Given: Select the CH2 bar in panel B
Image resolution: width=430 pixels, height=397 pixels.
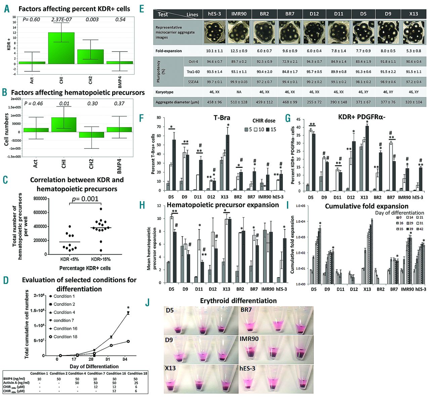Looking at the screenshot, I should coord(91,134).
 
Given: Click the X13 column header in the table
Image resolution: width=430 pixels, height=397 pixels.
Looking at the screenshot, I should coord(414,14).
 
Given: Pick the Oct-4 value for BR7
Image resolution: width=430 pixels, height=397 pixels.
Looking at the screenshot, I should coord(290,62).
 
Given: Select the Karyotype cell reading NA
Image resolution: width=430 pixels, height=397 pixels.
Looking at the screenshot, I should coord(239,92).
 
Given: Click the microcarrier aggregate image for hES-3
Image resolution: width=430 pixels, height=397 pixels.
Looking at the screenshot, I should coord(215,32).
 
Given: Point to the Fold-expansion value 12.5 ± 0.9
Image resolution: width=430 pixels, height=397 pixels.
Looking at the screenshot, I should coord(239,51).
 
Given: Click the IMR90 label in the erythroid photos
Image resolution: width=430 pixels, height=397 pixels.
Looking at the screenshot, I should coord(249,339).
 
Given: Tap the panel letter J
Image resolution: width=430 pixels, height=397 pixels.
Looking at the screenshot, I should coord(147,302).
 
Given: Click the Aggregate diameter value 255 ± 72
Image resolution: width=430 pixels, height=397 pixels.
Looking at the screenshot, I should coord(314,102).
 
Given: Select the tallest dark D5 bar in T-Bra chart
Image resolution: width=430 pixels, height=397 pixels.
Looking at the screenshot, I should coord(174,165).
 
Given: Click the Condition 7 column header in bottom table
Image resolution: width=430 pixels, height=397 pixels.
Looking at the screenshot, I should coord(95,373).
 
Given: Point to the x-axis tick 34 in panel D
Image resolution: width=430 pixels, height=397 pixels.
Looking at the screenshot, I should coord(125,359).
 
